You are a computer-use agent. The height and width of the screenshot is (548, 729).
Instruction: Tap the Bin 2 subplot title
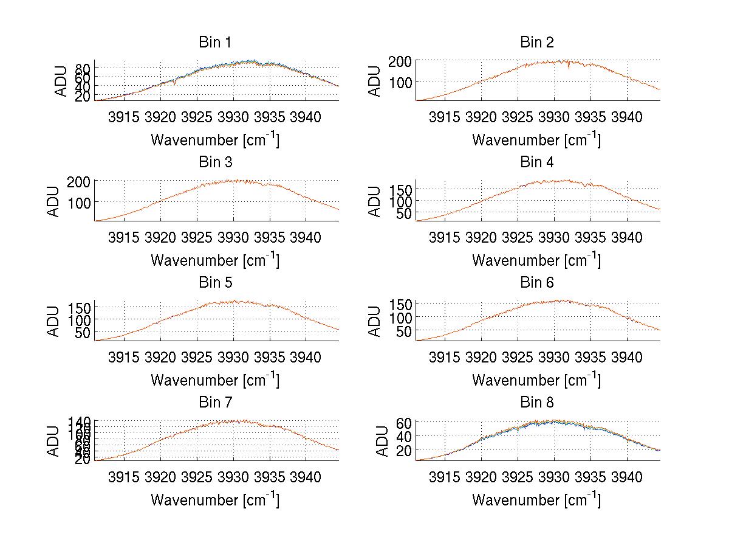[x=536, y=43]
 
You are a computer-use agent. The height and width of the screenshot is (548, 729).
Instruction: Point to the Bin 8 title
[x=536, y=403]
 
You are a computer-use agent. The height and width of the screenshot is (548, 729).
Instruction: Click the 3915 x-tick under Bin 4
[x=444, y=237]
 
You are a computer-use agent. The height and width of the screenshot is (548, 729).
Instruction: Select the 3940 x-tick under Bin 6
[x=626, y=357]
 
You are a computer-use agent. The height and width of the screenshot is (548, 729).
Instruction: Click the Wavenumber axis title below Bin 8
[x=536, y=500]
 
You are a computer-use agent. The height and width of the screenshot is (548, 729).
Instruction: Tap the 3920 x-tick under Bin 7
[x=160, y=477]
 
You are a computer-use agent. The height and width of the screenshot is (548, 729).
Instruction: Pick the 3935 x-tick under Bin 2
[x=590, y=117]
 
